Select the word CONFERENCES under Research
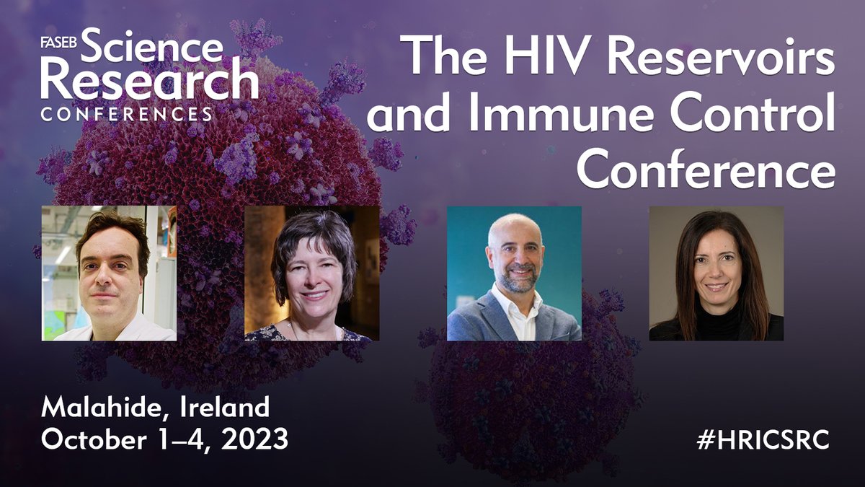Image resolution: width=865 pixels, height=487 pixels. (127, 114)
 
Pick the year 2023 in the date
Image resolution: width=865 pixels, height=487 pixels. (251, 439)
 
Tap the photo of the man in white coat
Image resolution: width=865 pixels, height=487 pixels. (109, 273)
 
